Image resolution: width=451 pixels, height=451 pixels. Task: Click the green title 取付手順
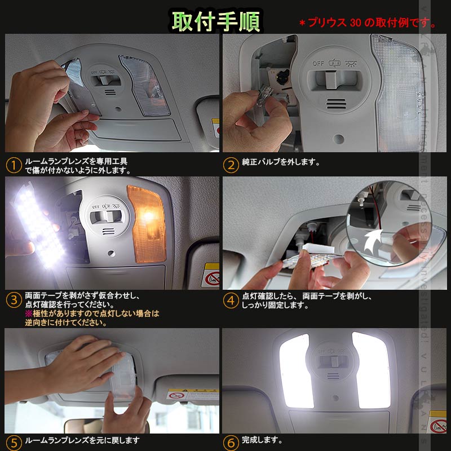coord(216,20)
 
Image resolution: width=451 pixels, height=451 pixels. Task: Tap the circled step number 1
coord(13,166)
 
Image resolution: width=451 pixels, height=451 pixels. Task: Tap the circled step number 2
coord(231,166)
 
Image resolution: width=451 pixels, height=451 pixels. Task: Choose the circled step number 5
coord(13,441)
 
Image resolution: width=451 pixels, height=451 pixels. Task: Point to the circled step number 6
coord(231,441)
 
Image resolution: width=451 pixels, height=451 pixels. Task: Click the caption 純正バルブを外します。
coord(281,162)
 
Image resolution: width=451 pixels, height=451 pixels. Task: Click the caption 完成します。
coord(262,440)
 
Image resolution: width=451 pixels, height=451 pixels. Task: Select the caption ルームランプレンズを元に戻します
coord(82,440)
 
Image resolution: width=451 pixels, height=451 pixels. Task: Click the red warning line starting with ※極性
coord(91,313)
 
